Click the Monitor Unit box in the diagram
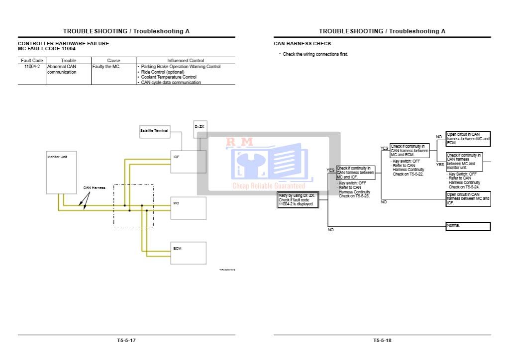[61, 172]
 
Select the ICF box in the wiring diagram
[188, 162]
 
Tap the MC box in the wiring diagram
[188, 208]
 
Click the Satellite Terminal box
[154, 132]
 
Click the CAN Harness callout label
[94, 188]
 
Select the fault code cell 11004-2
[32, 67]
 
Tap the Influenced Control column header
[185, 61]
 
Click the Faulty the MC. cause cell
[106, 67]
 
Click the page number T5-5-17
[126, 341]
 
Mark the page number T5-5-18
[382, 341]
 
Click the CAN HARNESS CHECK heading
[303, 44]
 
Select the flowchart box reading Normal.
[468, 226]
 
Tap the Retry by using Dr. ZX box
[298, 200]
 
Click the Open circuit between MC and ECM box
[468, 138]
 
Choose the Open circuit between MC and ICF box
[468, 198]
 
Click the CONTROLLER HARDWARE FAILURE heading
[64, 44]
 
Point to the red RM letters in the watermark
[239, 143]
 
